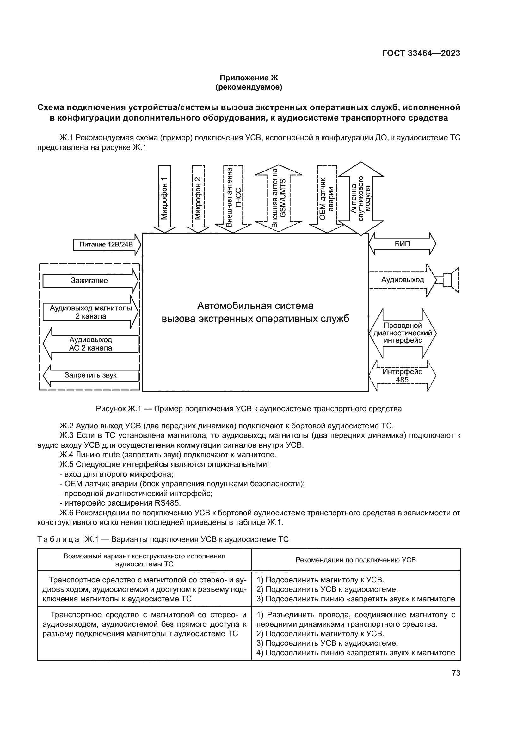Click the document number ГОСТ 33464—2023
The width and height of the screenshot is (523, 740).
click(x=421, y=53)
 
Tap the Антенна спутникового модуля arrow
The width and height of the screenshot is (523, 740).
click(x=361, y=199)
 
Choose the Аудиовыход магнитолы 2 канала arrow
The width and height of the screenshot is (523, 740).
click(x=90, y=312)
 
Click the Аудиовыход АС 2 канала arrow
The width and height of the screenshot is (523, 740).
click(x=91, y=344)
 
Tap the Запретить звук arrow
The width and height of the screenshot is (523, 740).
click(x=91, y=376)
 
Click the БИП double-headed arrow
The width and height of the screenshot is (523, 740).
click(x=402, y=244)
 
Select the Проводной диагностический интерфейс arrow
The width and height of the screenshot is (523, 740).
click(x=402, y=333)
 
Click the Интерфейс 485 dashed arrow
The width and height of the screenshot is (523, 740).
click(x=402, y=376)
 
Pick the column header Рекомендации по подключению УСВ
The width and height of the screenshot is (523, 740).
click(x=355, y=560)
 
